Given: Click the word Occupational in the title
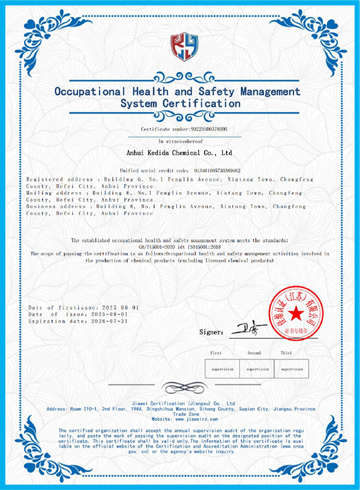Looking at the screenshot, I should click(x=90, y=92).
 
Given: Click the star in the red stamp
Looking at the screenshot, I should click(x=295, y=314).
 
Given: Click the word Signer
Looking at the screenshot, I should click(x=211, y=332).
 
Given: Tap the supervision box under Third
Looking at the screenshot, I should click(x=292, y=369).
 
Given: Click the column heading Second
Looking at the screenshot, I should click(x=254, y=353).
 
